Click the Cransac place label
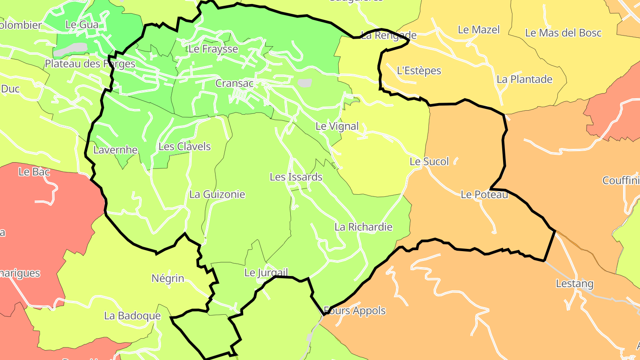234,83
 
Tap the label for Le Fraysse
213,49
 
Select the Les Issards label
296,177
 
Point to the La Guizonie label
217,194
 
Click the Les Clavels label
184,147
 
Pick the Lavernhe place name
116,150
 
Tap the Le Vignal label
337,126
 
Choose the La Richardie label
364,227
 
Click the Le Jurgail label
266,272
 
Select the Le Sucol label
429,162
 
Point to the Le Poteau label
484,195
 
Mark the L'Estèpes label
419,71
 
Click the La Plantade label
524,80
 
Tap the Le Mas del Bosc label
563,33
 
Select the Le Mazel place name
479,30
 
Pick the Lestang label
575,284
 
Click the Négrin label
168,279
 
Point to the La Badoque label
132,316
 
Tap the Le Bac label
34,172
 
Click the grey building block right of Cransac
305,83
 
